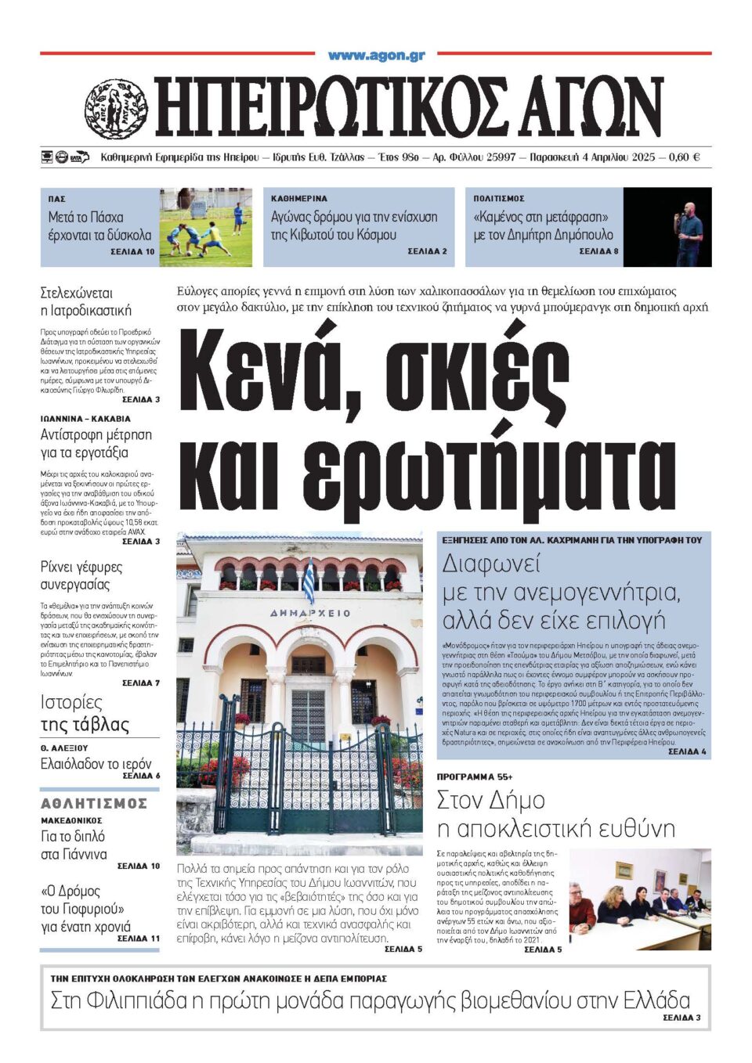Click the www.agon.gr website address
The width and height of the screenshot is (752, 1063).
click(x=376, y=56)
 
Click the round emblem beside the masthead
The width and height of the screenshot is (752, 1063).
click(x=116, y=109)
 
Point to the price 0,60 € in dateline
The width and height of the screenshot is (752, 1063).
click(x=685, y=157)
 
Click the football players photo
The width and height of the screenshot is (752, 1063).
click(x=205, y=227)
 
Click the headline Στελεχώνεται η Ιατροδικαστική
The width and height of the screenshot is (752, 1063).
click(x=86, y=302)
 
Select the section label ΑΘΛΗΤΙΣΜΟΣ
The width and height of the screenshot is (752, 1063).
click(x=94, y=804)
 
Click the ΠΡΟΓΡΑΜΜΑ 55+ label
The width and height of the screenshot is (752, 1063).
click(x=475, y=777)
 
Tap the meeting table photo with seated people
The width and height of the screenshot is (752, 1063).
click(x=639, y=899)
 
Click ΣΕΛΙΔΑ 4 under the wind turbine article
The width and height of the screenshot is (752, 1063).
click(x=687, y=751)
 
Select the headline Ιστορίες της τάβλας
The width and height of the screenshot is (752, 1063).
click(x=85, y=713)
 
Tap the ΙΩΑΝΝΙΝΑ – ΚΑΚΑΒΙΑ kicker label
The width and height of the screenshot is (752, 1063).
click(x=85, y=419)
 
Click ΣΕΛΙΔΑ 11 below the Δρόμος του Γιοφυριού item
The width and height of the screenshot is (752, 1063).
click(x=138, y=938)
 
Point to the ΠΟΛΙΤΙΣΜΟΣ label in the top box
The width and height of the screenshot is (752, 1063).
click(x=499, y=199)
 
